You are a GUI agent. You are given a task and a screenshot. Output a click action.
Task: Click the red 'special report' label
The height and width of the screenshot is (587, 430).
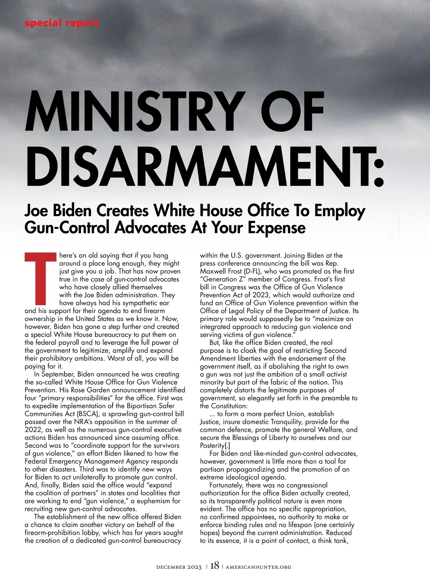pyautogui.click(x=61, y=24)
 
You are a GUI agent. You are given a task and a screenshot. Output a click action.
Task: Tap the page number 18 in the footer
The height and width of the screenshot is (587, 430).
pyautogui.click(x=215, y=566)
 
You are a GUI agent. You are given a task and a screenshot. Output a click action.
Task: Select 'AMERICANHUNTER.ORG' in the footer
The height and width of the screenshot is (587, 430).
pyautogui.click(x=258, y=567)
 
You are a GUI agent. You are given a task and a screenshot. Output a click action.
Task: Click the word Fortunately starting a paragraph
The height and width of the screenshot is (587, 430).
pyautogui.click(x=226, y=485)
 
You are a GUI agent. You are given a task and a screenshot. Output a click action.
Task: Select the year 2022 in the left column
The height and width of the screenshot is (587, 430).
pyautogui.click(x=33, y=430)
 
